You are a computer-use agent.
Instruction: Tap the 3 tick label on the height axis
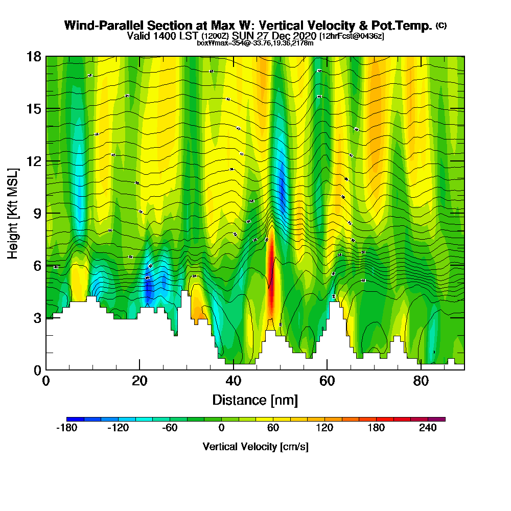pyautogui.click(x=37, y=318)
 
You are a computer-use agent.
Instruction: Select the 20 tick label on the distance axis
pyautogui.click(x=140, y=381)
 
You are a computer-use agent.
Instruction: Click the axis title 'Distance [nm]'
pyautogui.click(x=255, y=400)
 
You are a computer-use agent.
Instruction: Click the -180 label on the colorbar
pyautogui.click(x=66, y=428)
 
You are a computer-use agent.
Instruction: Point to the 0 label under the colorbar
pyautogui.click(x=221, y=428)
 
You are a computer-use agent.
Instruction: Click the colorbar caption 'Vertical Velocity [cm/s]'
pyautogui.click(x=255, y=447)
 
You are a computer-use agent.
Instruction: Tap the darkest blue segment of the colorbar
pyautogui.click(x=75, y=419)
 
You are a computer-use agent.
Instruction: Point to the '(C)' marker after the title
pyautogui.click(x=441, y=25)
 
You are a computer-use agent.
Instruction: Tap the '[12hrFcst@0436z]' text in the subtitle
pyautogui.click(x=352, y=36)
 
